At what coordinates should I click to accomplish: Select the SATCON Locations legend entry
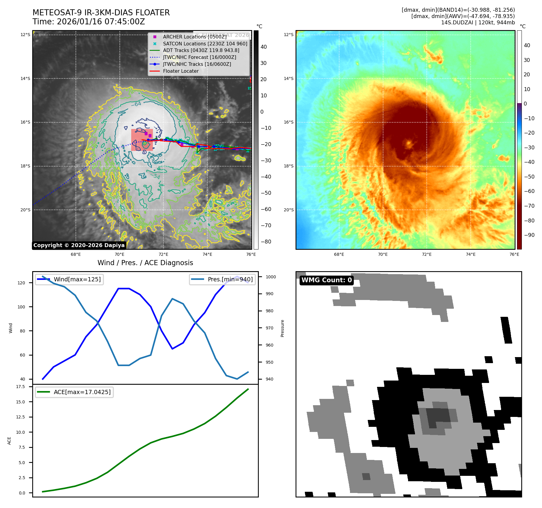tap(205, 44)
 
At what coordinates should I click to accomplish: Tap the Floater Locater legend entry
tap(181, 71)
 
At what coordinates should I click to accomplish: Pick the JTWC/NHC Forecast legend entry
tap(199, 57)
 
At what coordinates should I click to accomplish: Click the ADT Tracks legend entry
tap(201, 50)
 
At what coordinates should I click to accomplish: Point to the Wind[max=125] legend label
tap(77, 279)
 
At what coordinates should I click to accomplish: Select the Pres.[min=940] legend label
tap(230, 279)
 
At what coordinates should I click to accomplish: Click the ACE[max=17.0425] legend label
tap(82, 392)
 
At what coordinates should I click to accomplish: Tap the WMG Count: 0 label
tap(327, 280)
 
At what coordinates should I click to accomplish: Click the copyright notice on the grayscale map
tap(79, 245)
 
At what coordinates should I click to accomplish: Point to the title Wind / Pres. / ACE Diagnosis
tap(145, 263)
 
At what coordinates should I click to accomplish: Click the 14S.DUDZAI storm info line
tap(478, 23)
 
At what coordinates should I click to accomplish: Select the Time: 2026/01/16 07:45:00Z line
tap(89, 22)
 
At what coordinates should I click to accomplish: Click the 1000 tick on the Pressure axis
tap(271, 277)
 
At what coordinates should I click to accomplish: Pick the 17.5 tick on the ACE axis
tap(20, 387)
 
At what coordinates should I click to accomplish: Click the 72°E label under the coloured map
tap(426, 254)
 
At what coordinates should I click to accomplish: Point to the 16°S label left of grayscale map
tap(25, 122)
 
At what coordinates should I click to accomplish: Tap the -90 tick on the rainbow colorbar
tap(529, 235)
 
